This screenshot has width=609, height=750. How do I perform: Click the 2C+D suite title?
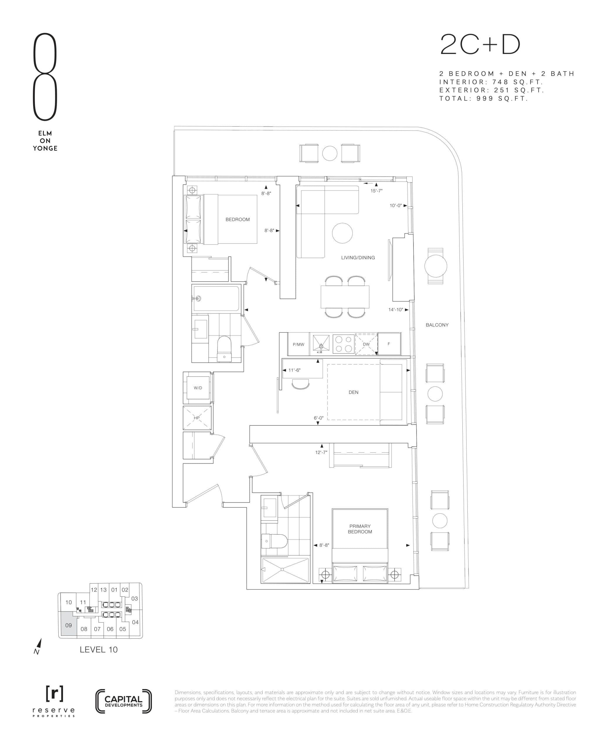point(480,45)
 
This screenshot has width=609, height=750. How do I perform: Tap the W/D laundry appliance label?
point(198,388)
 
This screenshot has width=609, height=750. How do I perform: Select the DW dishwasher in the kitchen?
point(366,344)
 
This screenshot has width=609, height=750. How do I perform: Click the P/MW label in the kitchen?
point(298,344)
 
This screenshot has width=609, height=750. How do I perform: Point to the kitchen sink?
point(321,343)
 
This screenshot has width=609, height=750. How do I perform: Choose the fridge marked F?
point(389,344)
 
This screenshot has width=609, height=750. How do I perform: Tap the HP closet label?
point(197,418)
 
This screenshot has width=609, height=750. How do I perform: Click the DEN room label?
point(353,392)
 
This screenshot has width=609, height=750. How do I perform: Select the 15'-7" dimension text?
point(376,191)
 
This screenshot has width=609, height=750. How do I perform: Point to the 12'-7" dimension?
point(321,452)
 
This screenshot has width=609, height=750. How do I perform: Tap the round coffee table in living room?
point(342,233)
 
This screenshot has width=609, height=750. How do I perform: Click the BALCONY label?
point(437,325)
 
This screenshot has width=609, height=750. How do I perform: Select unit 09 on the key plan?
point(69,625)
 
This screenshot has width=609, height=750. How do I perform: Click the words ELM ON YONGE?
point(45,141)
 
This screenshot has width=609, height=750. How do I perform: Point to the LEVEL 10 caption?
point(99,650)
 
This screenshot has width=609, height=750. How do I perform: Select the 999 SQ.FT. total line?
point(484,98)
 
